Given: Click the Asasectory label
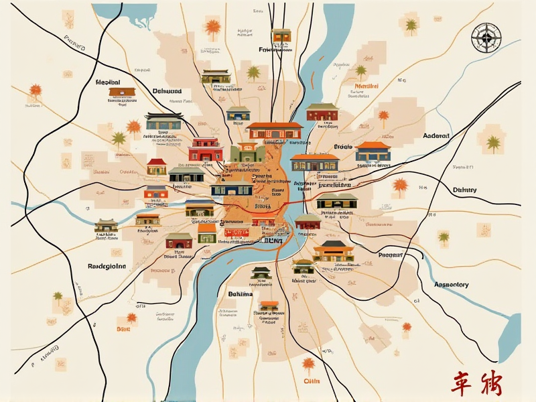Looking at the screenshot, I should pyautogui.click(x=451, y=285).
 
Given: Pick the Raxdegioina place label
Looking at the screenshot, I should pyautogui.click(x=107, y=266).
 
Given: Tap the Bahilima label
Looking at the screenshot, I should pyautogui.click(x=241, y=294).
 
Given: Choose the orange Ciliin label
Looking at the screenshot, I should pyautogui.click(x=312, y=381).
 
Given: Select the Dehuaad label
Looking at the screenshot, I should pyautogui.click(x=167, y=90).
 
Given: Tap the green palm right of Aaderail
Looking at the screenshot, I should pyautogui.click(x=494, y=143).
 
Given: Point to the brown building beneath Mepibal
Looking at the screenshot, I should pyautogui.click(x=118, y=92).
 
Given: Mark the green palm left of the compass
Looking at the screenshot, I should pyautogui.click(x=411, y=25).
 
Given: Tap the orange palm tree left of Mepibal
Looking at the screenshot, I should pyautogui.click(x=35, y=90).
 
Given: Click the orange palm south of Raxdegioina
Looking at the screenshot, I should pyautogui.click(x=131, y=317).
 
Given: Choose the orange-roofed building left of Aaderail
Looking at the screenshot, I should pyautogui.click(x=373, y=151).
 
